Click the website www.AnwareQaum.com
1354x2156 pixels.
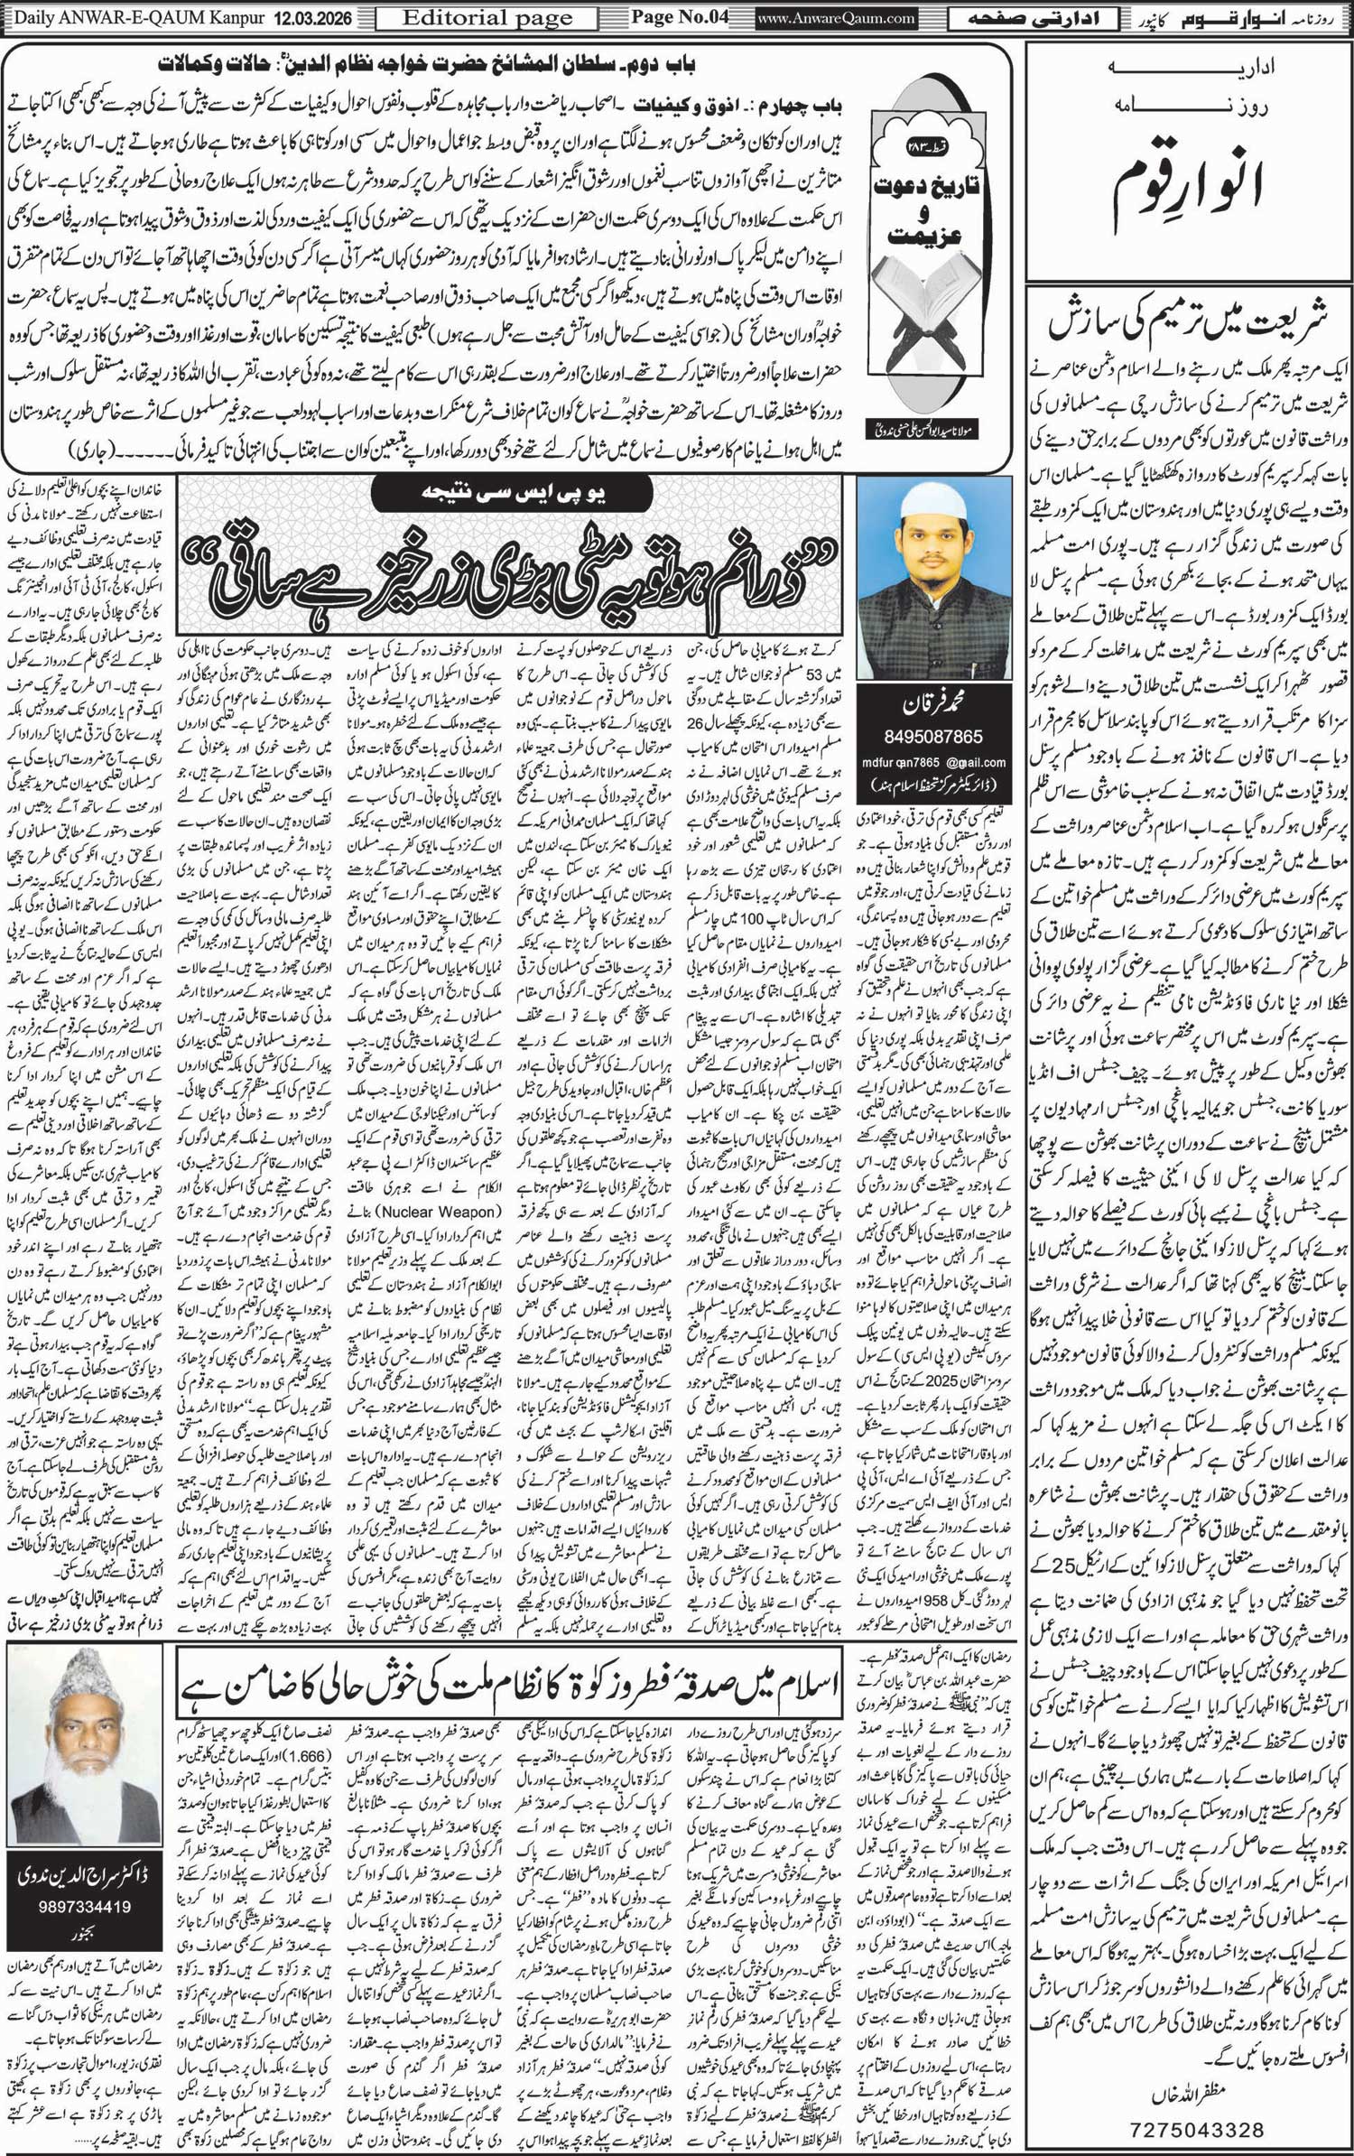(x=823, y=17)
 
